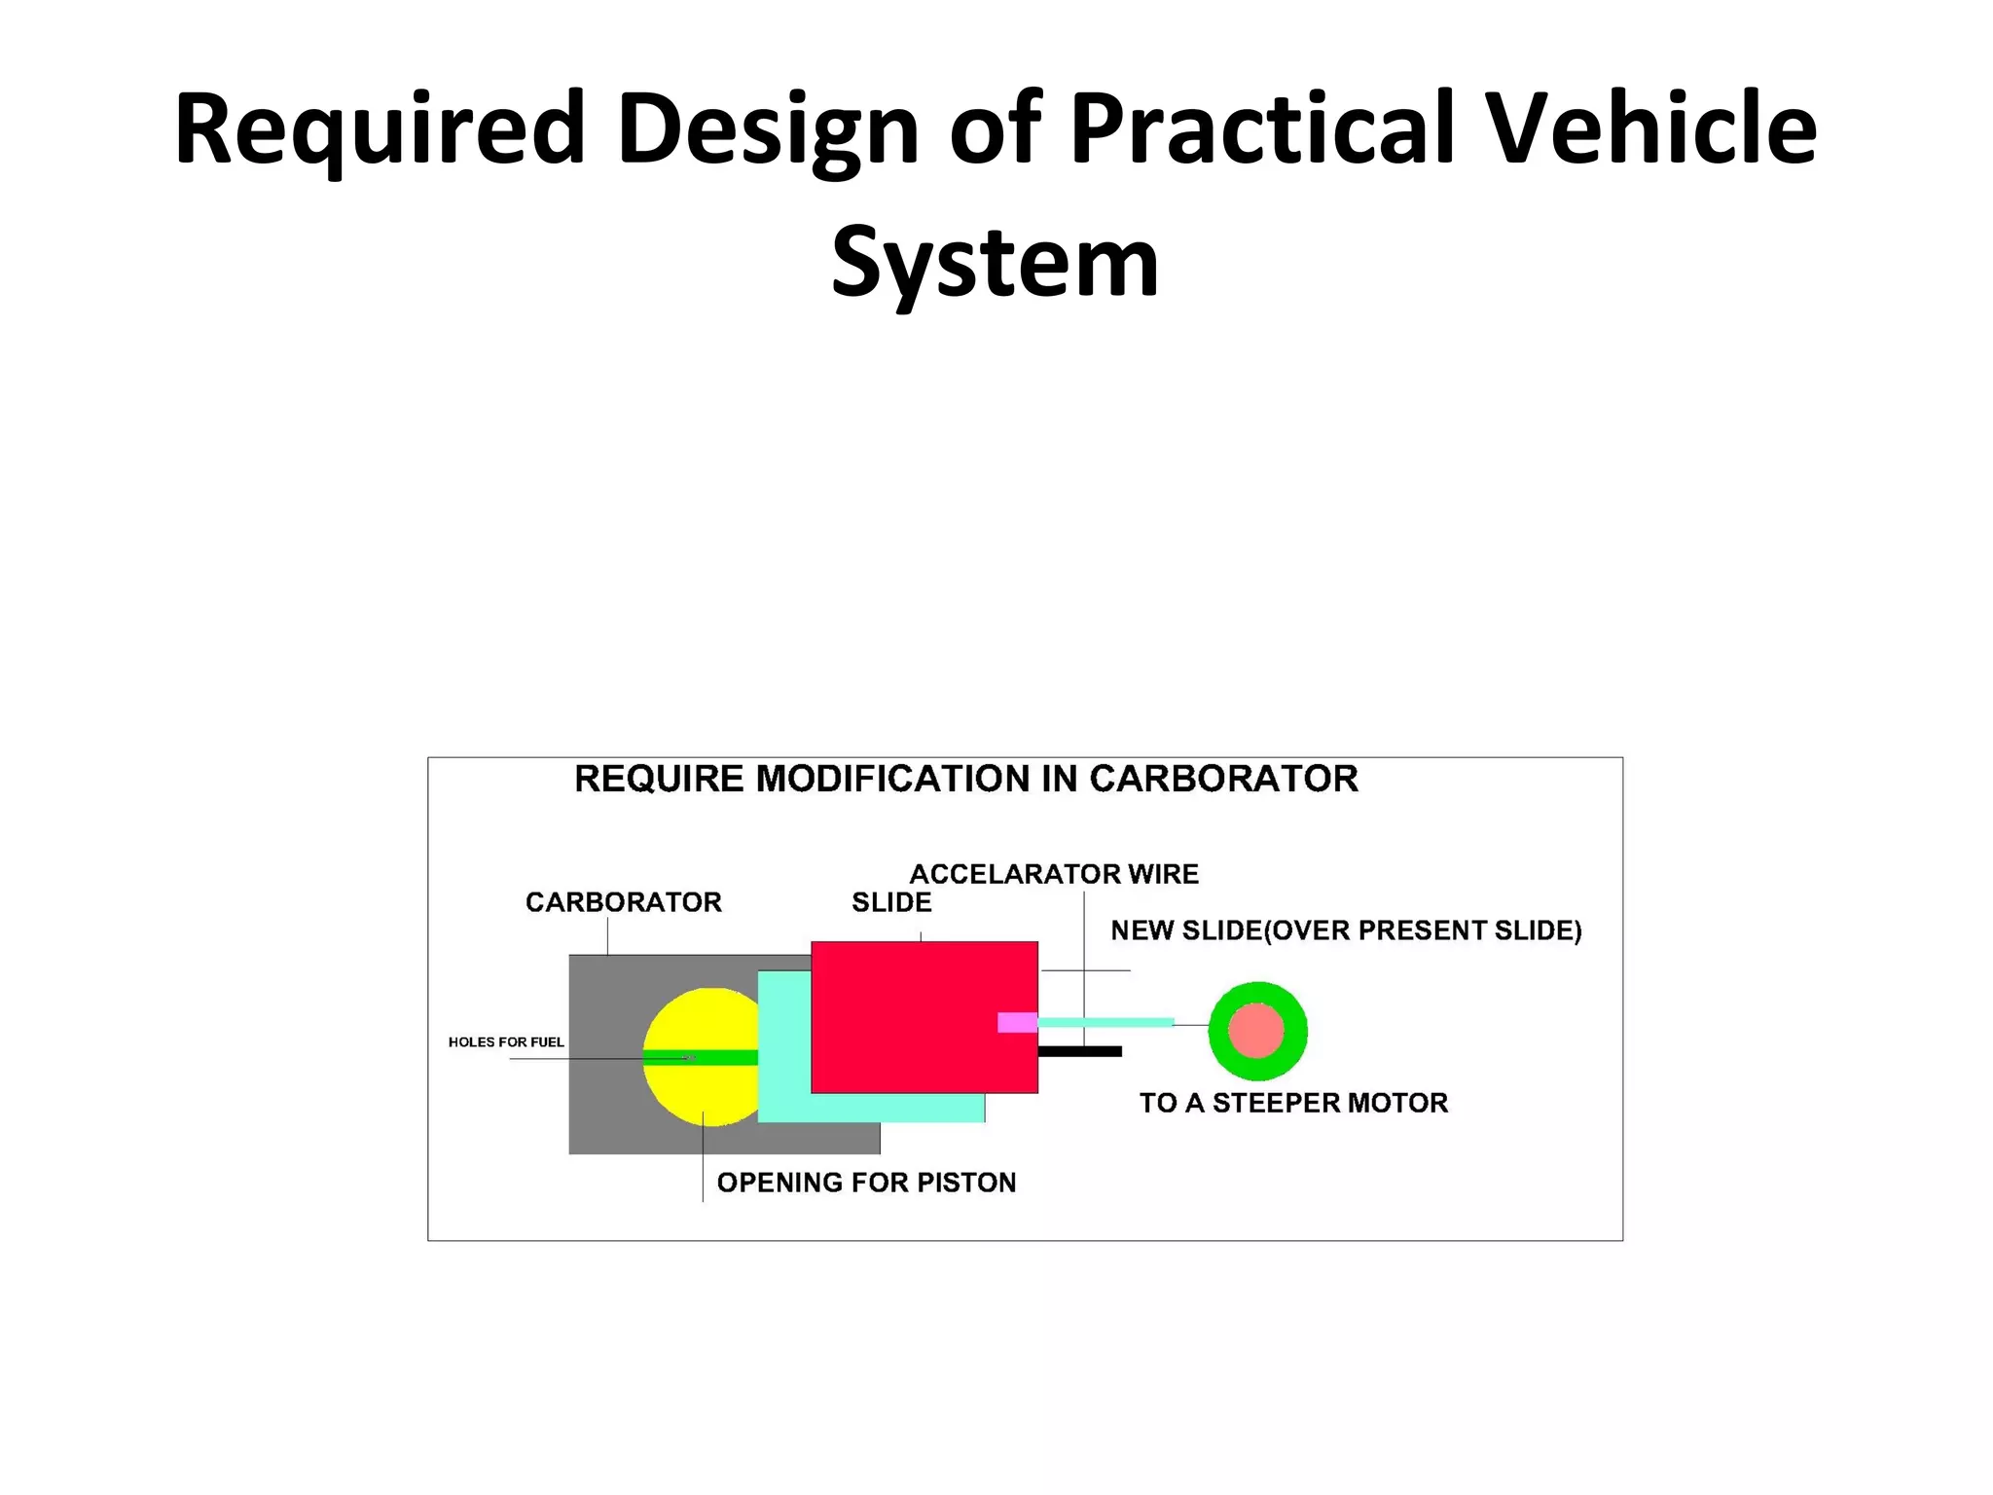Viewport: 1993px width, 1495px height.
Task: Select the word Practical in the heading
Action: (x=1262, y=128)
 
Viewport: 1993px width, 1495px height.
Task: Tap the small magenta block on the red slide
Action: (x=1017, y=1022)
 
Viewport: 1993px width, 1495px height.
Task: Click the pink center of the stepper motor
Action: (x=1256, y=1031)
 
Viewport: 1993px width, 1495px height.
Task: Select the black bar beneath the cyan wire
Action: (x=1080, y=1051)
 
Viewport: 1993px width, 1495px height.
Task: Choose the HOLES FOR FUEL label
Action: (x=506, y=1041)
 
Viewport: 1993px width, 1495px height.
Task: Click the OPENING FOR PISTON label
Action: (x=866, y=1182)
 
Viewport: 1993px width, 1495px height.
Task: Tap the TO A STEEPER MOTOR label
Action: (x=1293, y=1103)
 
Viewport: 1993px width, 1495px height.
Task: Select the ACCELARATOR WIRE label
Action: (x=1054, y=874)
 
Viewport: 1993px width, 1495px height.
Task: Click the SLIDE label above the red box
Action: (x=891, y=902)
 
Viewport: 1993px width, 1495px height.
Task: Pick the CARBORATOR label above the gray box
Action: (x=624, y=902)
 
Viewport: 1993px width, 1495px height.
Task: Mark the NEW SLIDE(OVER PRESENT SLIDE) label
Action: (x=1346, y=930)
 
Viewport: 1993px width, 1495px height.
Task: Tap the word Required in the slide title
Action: (x=380, y=128)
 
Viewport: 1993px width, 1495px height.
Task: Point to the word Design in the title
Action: (x=768, y=128)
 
